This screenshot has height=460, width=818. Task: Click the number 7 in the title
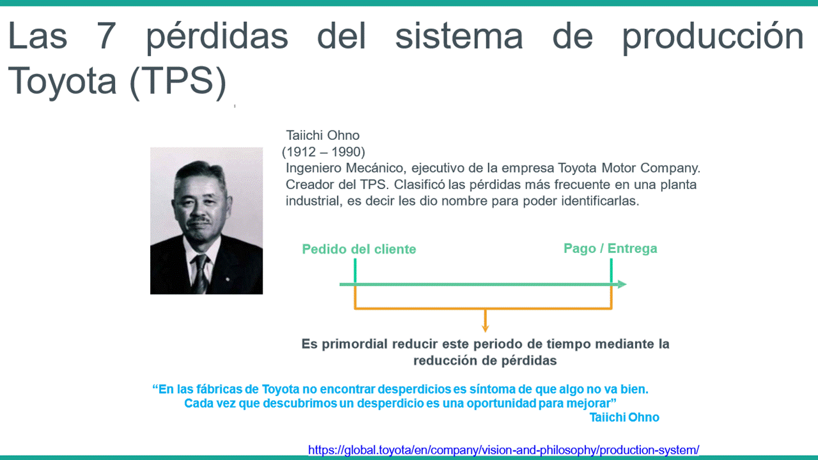pyautogui.click(x=106, y=36)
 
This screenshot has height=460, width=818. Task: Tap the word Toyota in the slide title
pyautogui.click(x=62, y=80)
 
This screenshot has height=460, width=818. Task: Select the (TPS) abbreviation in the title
pyautogui.click(x=178, y=82)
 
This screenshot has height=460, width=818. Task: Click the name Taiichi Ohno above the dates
pyautogui.click(x=323, y=135)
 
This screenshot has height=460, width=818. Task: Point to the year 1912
pyautogui.click(x=301, y=152)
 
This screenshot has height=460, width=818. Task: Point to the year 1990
pyautogui.click(x=346, y=152)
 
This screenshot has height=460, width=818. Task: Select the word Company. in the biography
pyautogui.click(x=670, y=168)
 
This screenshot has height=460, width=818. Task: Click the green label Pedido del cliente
pyautogui.click(x=359, y=249)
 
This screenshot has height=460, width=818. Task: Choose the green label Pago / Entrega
pyautogui.click(x=610, y=249)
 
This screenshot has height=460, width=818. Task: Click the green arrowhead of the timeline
pyautogui.click(x=622, y=284)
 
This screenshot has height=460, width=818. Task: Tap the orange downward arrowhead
pyautogui.click(x=485, y=328)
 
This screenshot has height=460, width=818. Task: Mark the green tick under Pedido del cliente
pyautogui.click(x=355, y=271)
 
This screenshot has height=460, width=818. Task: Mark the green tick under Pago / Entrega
pyautogui.click(x=612, y=271)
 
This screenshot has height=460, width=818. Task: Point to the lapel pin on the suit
pyautogui.click(x=228, y=279)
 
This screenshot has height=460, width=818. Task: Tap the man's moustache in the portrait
pyautogui.click(x=199, y=220)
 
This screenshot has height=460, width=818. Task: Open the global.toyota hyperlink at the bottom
pyautogui.click(x=504, y=450)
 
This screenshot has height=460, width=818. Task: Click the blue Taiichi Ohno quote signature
pyautogui.click(x=624, y=417)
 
